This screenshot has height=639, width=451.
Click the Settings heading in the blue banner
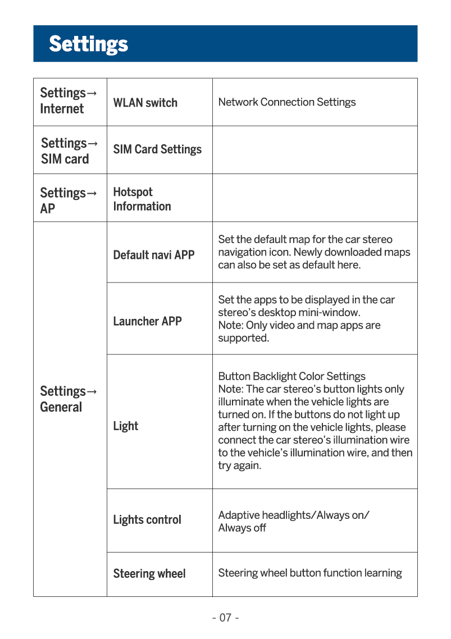88,44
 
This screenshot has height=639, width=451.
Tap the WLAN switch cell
145,103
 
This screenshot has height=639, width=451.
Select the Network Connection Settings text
286,102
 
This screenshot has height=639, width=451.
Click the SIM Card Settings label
157,149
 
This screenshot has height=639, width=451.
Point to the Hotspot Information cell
142,199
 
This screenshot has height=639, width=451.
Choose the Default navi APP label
153,255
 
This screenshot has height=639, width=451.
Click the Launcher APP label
147,321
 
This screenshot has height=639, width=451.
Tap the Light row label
125,426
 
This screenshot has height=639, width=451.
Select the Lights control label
147,520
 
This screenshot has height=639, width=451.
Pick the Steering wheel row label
149,574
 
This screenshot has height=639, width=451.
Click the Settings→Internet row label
67,101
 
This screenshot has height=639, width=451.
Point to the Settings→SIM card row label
69,151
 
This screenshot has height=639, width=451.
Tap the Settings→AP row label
67,200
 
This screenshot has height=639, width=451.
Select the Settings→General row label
67,399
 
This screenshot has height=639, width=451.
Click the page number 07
225,618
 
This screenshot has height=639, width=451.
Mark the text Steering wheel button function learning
309,573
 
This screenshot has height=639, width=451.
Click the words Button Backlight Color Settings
291,376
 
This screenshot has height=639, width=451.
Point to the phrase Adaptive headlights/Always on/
293,515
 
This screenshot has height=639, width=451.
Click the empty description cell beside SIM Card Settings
315,150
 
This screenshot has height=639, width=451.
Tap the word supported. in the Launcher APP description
243,339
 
